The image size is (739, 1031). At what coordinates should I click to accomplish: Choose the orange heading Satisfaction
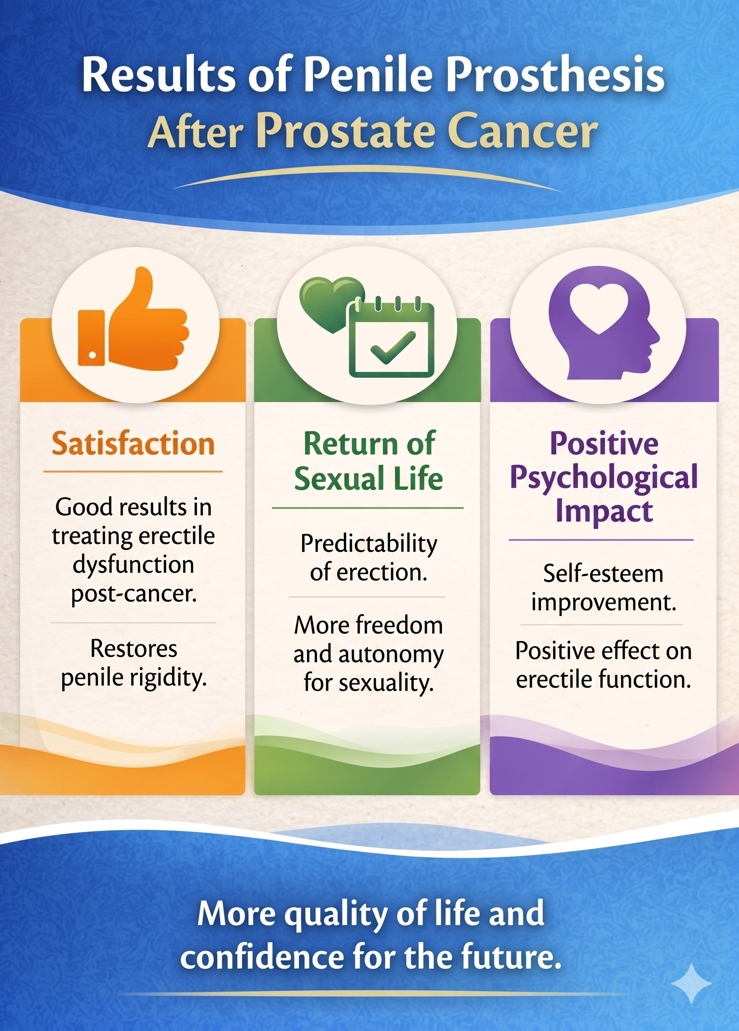133,444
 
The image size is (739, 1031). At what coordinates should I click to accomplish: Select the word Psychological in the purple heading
604,477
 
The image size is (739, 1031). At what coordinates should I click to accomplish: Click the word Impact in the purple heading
604,511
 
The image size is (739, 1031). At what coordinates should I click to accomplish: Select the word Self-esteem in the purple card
603,574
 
